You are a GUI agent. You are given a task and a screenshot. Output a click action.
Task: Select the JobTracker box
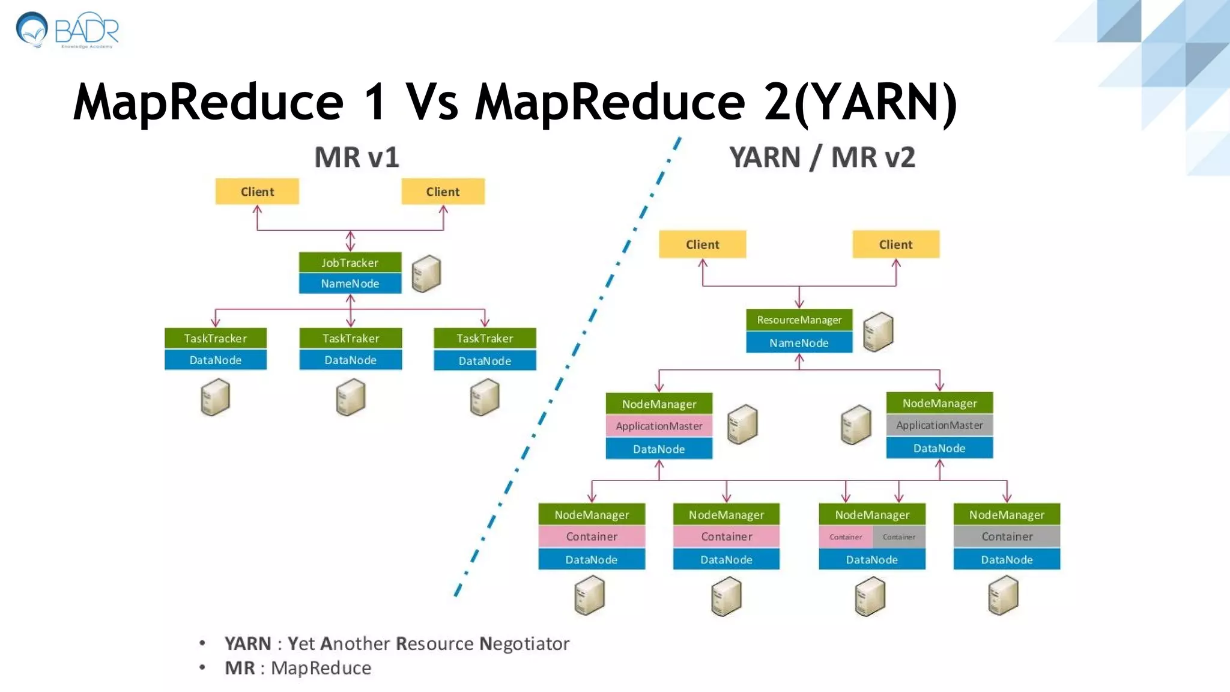(350, 263)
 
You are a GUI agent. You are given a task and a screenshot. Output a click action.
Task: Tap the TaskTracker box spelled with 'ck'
(215, 338)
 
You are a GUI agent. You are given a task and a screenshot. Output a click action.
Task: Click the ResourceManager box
(799, 320)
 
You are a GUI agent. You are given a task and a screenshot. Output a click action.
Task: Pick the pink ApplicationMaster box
(659, 426)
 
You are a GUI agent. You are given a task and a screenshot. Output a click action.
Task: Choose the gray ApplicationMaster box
(939, 425)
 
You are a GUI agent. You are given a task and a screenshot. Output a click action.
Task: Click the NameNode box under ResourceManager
(799, 342)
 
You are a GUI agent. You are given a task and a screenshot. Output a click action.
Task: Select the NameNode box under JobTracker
(350, 284)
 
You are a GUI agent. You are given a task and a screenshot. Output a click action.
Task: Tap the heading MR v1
(357, 157)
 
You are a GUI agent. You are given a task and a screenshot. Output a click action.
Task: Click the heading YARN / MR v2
(822, 157)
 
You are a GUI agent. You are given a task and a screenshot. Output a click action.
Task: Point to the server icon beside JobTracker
(426, 274)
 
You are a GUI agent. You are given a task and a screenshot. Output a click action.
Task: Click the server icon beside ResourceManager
(878, 332)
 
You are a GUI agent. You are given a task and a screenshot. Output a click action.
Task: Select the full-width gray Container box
(1007, 536)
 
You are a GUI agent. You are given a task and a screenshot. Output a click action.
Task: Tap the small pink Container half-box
(846, 537)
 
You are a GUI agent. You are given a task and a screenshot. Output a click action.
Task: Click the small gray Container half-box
(899, 537)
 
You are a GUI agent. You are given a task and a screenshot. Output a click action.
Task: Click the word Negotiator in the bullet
(524, 644)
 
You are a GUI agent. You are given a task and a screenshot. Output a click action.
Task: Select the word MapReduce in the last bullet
(321, 668)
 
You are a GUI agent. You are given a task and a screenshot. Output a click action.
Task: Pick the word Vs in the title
(432, 102)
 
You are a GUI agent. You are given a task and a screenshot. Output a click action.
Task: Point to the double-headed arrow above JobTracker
(350, 241)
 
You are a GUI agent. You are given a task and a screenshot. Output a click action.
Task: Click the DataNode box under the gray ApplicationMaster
(939, 448)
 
